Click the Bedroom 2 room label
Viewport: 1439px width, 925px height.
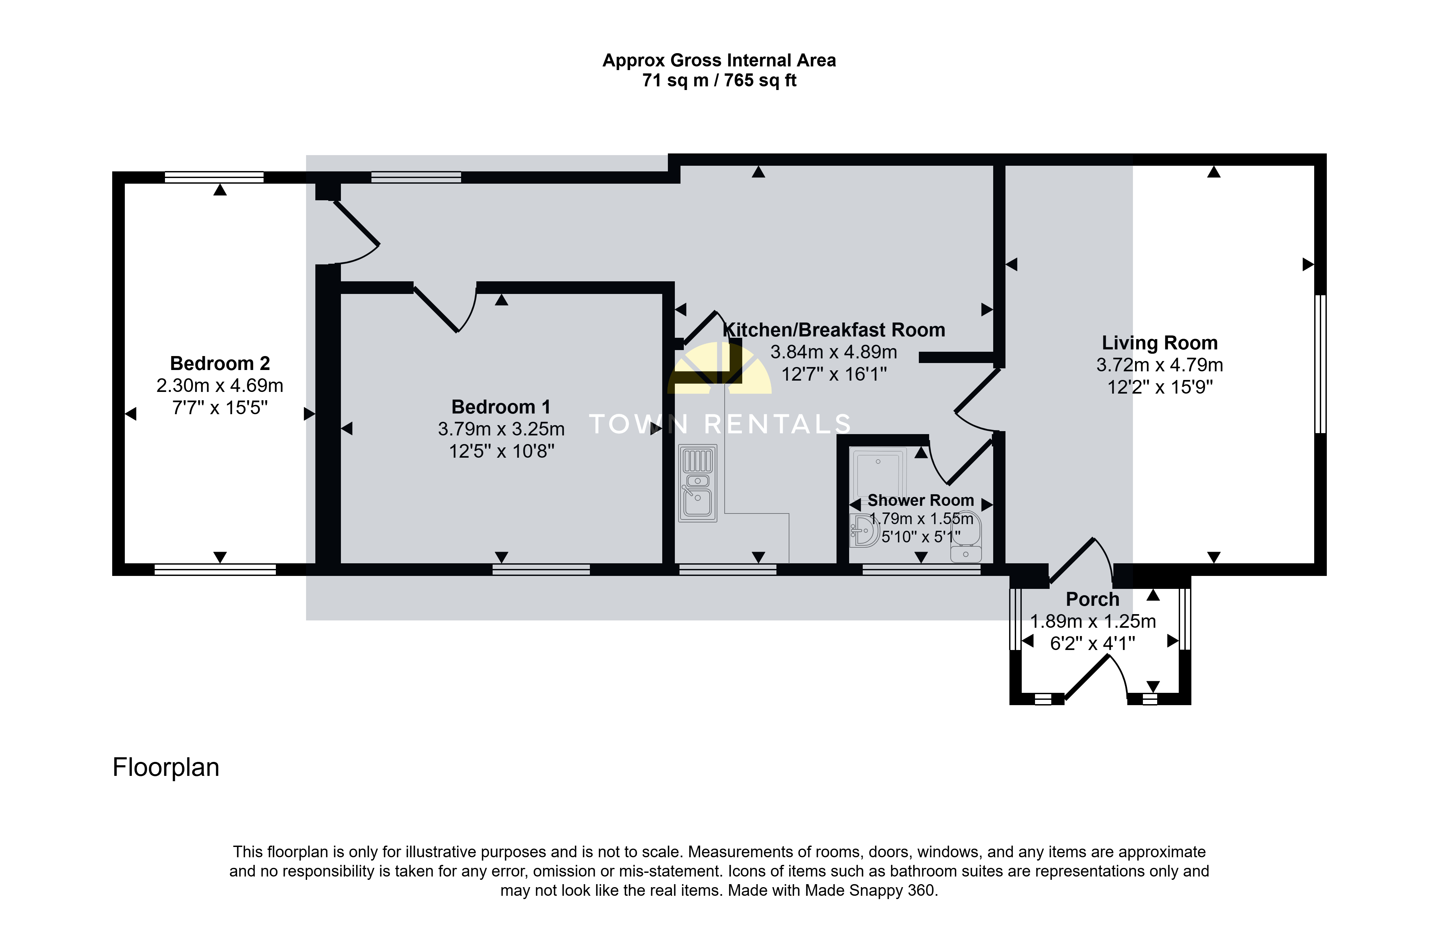point(220,363)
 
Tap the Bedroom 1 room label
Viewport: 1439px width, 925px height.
point(501,407)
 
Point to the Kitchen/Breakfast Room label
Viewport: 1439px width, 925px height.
point(834,330)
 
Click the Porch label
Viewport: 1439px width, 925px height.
point(1092,600)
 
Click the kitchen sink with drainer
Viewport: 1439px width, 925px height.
point(697,483)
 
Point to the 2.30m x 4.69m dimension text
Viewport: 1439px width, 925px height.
point(220,386)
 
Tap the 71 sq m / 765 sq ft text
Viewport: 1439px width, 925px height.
point(719,80)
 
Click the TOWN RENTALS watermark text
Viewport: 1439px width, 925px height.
point(719,424)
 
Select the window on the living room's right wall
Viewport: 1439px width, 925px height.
point(1320,363)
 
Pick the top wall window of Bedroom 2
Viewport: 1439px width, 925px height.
point(214,177)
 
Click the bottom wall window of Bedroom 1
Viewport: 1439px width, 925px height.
point(541,569)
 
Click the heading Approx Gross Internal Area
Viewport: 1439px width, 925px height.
point(719,61)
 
